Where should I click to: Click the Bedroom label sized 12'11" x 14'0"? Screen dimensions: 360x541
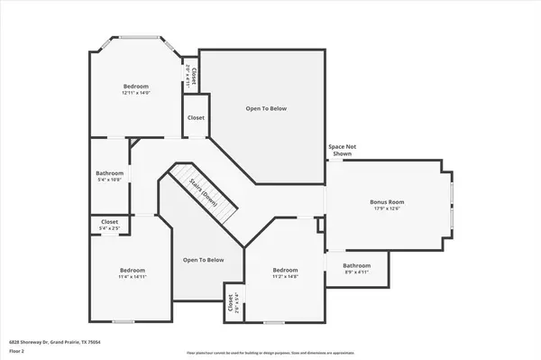pos(135,86)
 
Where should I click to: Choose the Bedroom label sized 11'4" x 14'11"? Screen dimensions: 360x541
pos(133,270)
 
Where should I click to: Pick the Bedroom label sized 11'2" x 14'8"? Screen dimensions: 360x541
pos(285,270)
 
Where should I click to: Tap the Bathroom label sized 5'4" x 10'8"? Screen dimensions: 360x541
pos(109,173)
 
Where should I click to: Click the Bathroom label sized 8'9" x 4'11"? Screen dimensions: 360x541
pos(356,265)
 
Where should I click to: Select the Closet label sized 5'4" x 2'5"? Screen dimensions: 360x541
pos(109,221)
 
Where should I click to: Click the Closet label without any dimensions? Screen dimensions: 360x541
pos(196,117)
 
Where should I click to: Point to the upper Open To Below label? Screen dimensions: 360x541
pos(266,108)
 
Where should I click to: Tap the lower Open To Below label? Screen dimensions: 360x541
pos(203,260)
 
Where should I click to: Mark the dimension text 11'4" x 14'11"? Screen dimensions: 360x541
pos(133,277)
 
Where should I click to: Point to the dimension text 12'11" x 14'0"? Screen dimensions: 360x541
pos(135,93)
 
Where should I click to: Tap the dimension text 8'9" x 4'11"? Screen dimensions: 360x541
pos(356,272)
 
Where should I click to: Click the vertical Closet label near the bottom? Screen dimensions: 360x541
pos(231,303)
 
